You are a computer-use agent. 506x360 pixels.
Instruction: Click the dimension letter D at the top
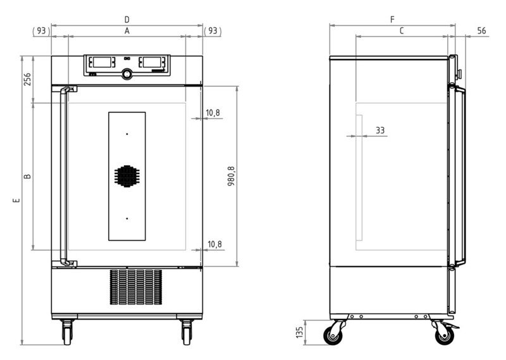point(126,20)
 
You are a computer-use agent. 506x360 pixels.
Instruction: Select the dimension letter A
point(126,30)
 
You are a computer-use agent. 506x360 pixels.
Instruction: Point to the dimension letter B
point(27,176)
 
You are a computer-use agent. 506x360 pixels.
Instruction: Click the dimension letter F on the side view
point(392,20)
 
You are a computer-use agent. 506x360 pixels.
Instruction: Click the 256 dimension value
point(27,79)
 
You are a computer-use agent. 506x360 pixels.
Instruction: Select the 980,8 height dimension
point(231,176)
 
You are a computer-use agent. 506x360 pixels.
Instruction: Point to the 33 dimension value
point(380,130)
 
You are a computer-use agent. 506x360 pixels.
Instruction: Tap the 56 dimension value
point(481,30)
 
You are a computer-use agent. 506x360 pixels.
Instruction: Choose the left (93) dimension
point(41,30)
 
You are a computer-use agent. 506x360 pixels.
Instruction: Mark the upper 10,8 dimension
point(213,113)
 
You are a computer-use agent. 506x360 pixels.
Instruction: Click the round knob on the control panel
point(128,75)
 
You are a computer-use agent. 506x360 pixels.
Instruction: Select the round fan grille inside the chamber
point(126,176)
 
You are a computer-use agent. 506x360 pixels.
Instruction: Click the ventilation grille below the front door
point(135,289)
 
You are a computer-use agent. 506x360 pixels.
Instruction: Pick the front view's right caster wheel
point(187,330)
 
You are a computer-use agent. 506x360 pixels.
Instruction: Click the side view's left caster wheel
point(335,333)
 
